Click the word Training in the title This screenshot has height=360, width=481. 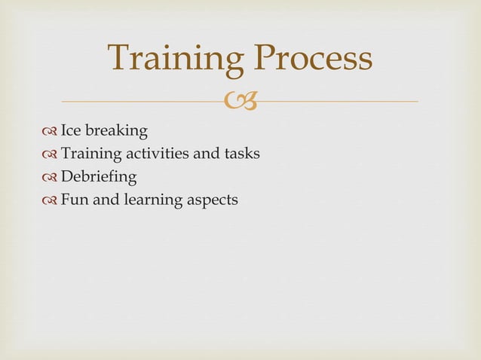pyautogui.click(x=175, y=60)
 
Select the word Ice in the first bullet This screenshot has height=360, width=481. pyautogui.click(x=72, y=131)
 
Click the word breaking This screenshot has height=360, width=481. pyautogui.click(x=118, y=132)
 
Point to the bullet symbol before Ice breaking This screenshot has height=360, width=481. pyautogui.click(x=51, y=132)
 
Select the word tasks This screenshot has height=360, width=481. pyautogui.click(x=242, y=154)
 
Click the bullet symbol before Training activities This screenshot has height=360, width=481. pyautogui.click(x=51, y=155)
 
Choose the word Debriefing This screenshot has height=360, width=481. pyautogui.click(x=99, y=178)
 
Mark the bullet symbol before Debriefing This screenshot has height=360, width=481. pyautogui.click(x=51, y=178)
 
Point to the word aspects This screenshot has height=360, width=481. pyautogui.click(x=211, y=201)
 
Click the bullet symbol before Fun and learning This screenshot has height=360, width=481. pyautogui.click(x=51, y=201)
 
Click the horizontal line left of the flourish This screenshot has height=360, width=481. pyautogui.click(x=143, y=101)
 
